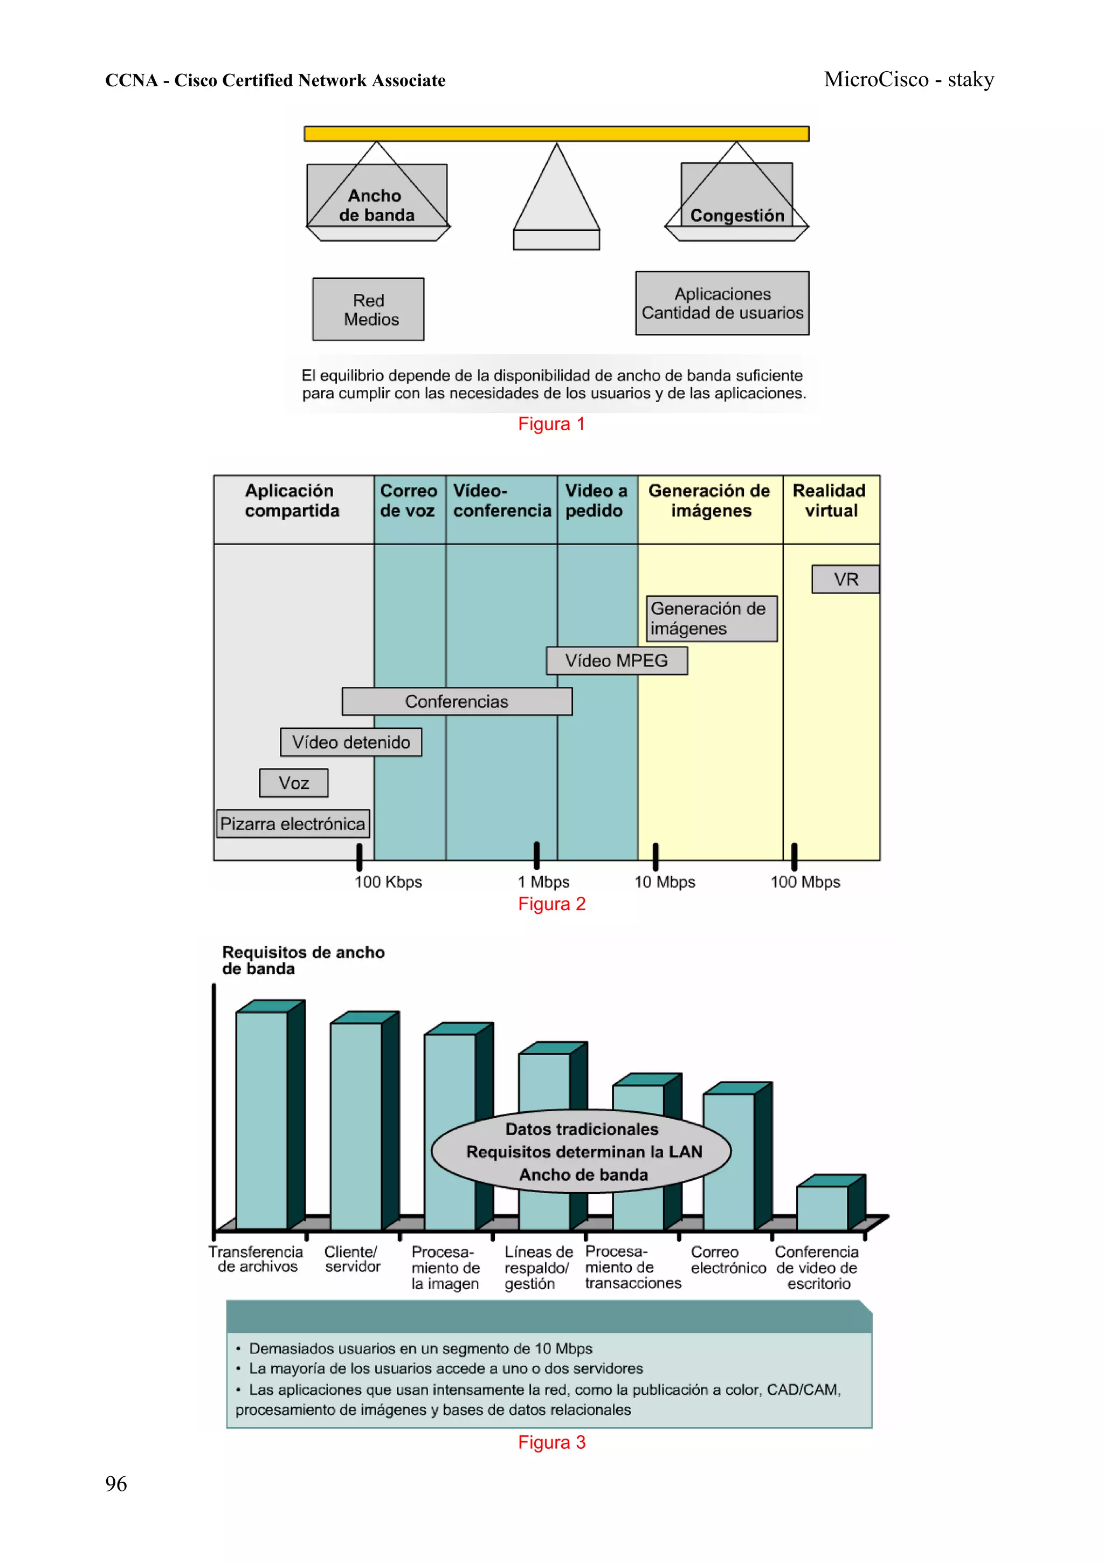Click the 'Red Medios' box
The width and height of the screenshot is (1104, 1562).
point(368,309)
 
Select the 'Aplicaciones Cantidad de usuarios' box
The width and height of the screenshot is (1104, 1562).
point(722,304)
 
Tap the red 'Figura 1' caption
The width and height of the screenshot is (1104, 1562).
point(551,424)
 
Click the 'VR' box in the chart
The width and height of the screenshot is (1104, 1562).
point(845,580)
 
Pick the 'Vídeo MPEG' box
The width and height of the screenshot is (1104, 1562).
point(616,660)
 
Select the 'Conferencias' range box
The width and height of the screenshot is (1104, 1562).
point(457,701)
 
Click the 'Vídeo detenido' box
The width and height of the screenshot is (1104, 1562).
point(351,742)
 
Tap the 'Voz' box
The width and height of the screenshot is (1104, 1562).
point(294,783)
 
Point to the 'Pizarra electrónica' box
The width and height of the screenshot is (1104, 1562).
point(293,824)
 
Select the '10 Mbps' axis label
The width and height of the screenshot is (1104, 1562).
point(665,883)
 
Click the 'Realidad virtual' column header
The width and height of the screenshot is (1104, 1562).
point(830,501)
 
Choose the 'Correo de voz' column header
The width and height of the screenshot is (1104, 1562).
point(408,501)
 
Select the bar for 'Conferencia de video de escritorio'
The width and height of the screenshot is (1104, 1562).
point(823,1208)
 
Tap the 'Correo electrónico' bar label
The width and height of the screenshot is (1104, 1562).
point(728,1260)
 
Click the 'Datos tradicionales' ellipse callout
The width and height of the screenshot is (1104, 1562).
point(582,1152)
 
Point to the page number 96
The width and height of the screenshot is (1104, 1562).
point(116,1484)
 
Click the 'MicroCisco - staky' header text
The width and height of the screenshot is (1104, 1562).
point(909,80)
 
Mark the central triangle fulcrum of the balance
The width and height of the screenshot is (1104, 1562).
point(556,197)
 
